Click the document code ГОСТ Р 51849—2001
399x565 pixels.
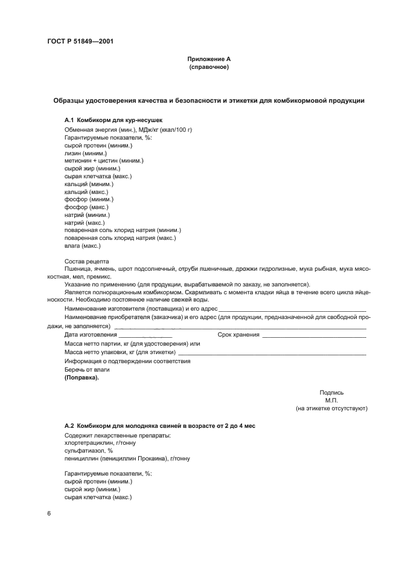[x=80, y=42]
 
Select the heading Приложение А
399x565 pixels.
[x=209, y=59]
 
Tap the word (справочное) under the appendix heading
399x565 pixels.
[x=209, y=67]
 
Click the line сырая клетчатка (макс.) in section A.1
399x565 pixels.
[x=98, y=176]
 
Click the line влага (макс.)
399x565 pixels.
[x=83, y=245]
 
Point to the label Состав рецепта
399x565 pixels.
[x=87, y=261]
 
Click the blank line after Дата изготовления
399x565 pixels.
[x=145, y=335]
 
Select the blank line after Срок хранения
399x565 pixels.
[x=314, y=335]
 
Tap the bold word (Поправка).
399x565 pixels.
[x=81, y=378]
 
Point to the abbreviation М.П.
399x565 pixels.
[x=331, y=401]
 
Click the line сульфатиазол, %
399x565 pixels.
[x=89, y=451]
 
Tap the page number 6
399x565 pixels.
[x=49, y=513]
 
